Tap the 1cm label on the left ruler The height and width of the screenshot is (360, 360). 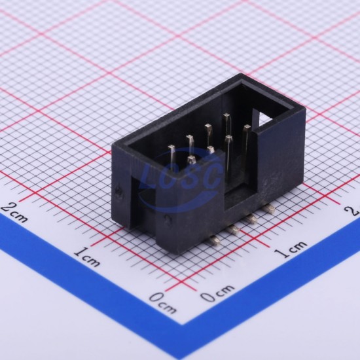coord(87,257)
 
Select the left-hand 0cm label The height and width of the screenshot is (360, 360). coord(163,302)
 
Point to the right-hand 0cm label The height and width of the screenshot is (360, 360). coord(217,293)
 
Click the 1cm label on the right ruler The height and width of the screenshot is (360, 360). coord(291,249)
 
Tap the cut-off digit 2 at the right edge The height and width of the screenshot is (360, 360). coord(354,210)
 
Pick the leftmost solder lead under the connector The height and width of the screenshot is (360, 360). coord(215,240)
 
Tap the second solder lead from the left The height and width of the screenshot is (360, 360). coord(233,229)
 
